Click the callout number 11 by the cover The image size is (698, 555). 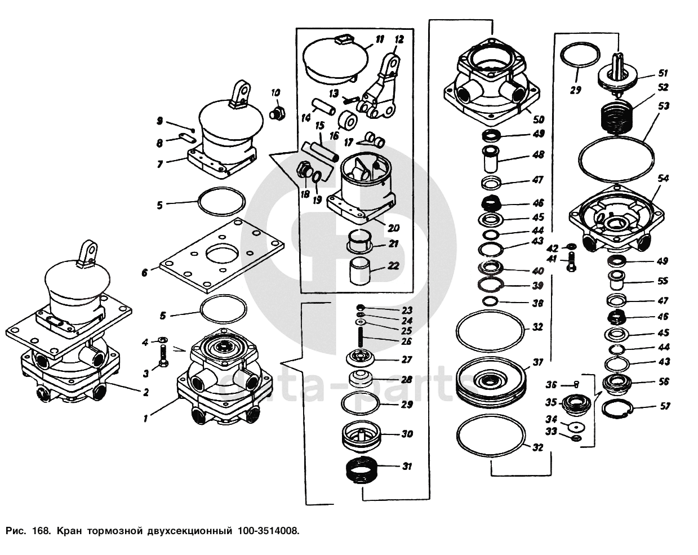[379, 39]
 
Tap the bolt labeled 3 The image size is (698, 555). [162, 356]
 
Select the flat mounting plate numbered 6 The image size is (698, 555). [222, 255]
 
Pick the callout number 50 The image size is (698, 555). [538, 119]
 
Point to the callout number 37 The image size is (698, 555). [537, 362]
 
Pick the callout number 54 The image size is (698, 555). [663, 179]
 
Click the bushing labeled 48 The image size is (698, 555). [491, 159]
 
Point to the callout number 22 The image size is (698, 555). [393, 265]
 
